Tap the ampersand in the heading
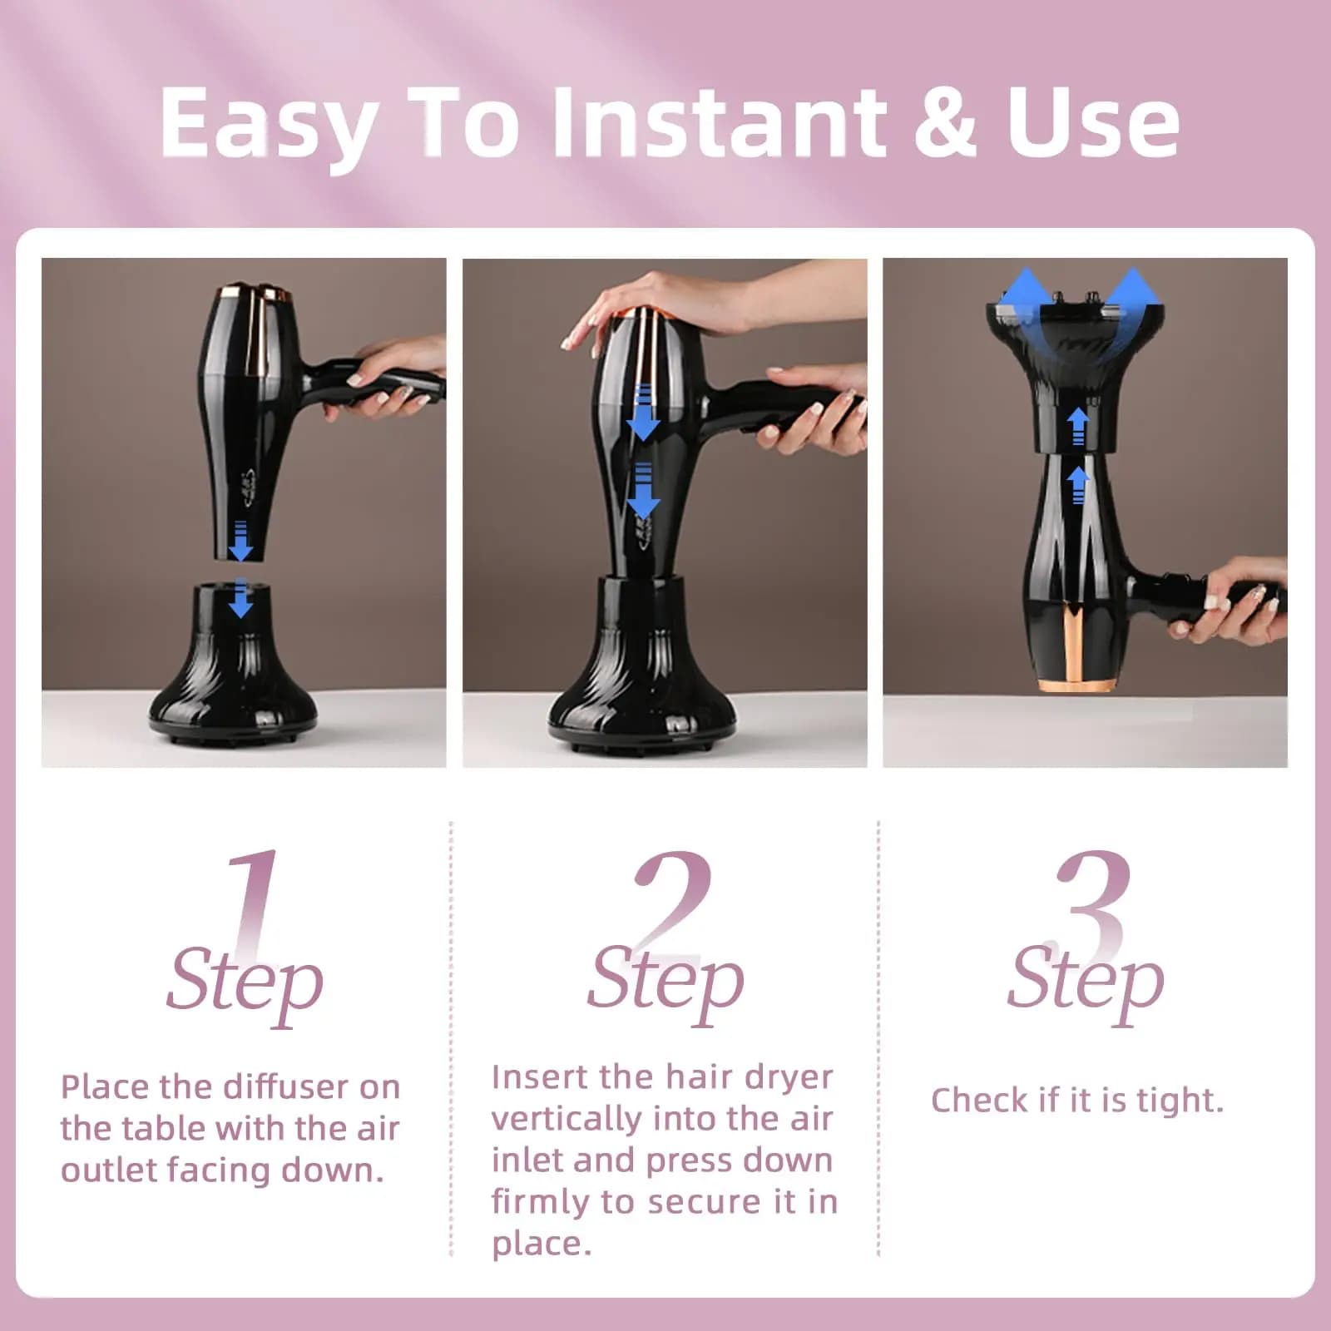click(946, 123)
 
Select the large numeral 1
click(255, 903)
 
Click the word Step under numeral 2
click(665, 982)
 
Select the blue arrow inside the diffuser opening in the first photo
click(240, 598)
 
